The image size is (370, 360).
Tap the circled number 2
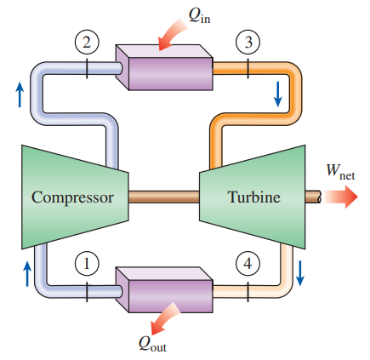pos(88,40)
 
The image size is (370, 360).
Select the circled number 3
pos(248,40)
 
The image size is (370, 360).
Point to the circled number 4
pos(248,264)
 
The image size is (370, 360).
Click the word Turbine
pos(253,197)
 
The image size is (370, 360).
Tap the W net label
pos(341,171)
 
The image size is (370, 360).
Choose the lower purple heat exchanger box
pos(162,289)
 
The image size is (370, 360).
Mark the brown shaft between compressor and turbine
pos(163,197)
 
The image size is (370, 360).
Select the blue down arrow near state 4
pos(300,273)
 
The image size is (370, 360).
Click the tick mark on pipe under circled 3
pos(248,67)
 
